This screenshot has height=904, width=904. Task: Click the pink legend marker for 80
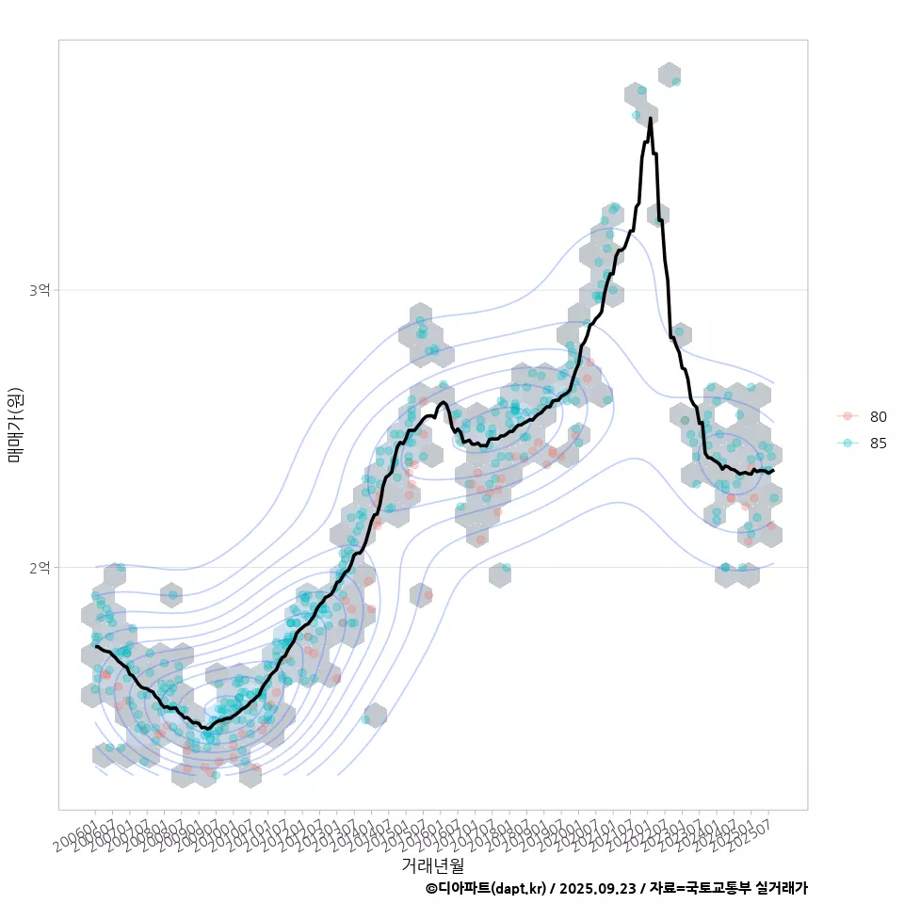(847, 416)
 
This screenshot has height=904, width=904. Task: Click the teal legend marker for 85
(847, 444)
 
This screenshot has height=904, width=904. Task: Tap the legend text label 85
(879, 444)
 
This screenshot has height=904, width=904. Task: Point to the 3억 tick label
(40, 290)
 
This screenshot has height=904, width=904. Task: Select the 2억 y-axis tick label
(40, 567)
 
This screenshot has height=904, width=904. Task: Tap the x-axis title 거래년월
(432, 864)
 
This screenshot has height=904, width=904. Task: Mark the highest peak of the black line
(651, 119)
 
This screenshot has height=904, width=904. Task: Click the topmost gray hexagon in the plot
(670, 75)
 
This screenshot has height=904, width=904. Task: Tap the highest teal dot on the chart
(675, 81)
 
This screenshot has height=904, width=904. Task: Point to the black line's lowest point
(205, 728)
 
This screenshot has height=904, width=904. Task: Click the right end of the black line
(773, 470)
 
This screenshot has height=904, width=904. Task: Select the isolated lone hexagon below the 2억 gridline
(375, 715)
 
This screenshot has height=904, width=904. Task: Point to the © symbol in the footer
(431, 888)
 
